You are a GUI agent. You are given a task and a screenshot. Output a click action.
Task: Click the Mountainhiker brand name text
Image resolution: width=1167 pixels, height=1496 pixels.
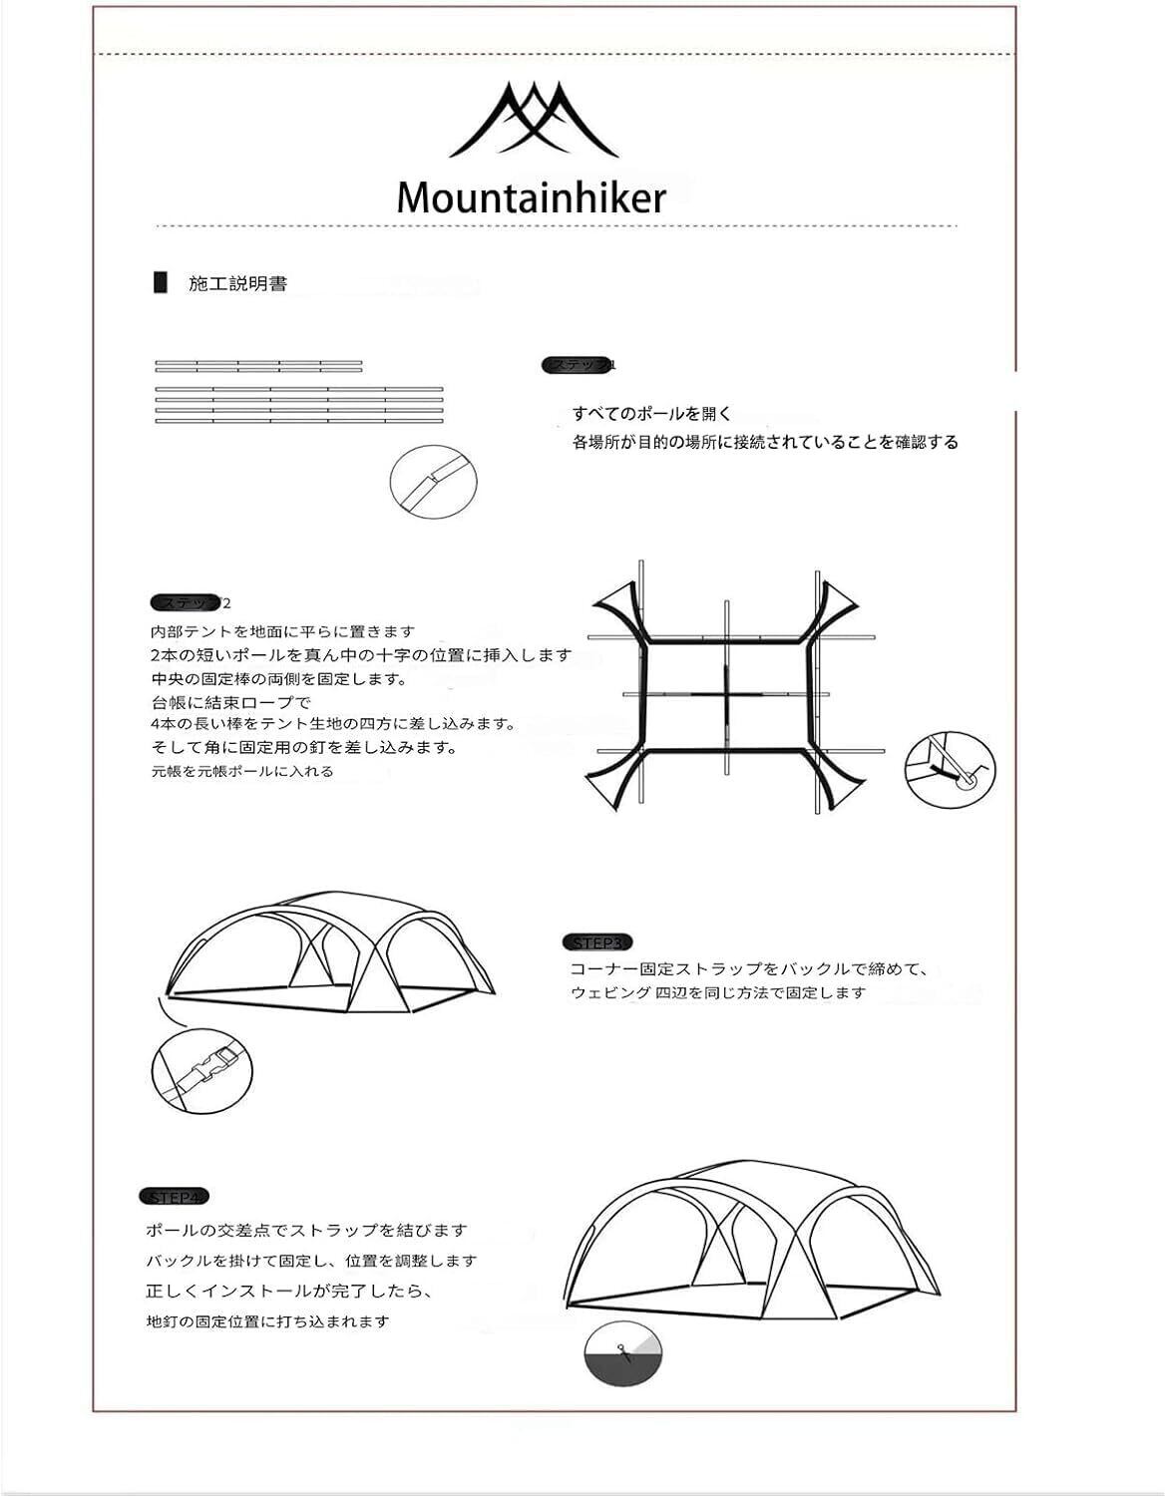[x=531, y=197]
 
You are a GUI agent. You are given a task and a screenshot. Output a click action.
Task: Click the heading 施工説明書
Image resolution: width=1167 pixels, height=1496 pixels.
[x=238, y=284]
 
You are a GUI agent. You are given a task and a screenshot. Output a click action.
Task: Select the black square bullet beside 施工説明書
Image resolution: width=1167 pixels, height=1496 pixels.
[x=160, y=283]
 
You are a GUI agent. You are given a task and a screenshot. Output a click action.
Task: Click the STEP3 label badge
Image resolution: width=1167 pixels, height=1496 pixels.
[x=597, y=942]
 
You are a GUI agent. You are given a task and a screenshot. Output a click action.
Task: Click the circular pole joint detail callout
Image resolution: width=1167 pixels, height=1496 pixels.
[x=433, y=481]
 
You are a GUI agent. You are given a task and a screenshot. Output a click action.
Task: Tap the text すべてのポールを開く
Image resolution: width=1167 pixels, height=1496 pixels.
[x=652, y=414]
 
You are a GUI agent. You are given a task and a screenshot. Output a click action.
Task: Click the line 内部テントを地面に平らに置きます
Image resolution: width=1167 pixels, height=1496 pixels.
[x=282, y=631]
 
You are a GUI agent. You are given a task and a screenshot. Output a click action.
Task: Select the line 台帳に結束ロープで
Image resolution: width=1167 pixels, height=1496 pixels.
[x=231, y=702]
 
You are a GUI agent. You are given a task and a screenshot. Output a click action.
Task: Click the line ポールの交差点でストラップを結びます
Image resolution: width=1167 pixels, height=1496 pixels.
[x=306, y=1231]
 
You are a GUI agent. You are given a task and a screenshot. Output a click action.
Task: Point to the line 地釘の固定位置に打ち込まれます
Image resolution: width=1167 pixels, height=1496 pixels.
[x=267, y=1321]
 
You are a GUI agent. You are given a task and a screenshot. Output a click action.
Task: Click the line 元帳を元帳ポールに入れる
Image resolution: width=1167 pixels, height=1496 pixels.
[x=242, y=771]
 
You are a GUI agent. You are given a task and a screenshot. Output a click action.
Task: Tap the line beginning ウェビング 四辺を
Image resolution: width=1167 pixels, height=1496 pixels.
[x=718, y=992]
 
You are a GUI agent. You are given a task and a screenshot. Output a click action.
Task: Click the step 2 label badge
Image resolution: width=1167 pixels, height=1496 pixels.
[x=190, y=603]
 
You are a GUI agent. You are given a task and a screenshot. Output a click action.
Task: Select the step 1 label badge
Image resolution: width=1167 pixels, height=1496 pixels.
[x=580, y=366]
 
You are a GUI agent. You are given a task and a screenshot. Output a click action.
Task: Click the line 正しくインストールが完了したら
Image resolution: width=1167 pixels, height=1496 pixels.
[x=289, y=1292]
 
